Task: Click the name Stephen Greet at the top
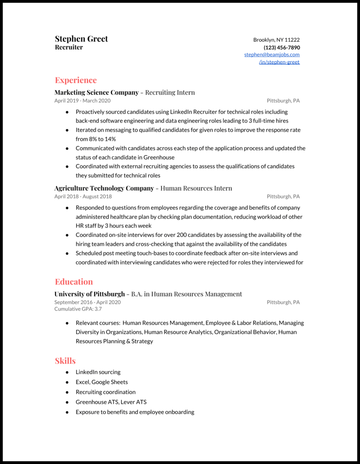(81, 39)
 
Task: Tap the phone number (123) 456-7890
(282, 48)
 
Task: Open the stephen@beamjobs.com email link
(272, 55)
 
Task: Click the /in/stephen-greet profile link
(279, 62)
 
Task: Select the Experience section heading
(76, 80)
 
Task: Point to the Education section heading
(74, 282)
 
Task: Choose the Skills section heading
(65, 361)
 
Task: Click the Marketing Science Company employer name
(96, 93)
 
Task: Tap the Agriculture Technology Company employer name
(104, 188)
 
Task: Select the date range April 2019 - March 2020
(82, 101)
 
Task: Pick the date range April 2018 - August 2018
(83, 196)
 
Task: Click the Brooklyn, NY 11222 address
(276, 40)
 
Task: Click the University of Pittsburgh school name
(90, 294)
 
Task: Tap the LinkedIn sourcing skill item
(98, 372)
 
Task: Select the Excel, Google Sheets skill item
(102, 382)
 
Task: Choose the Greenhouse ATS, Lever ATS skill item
(111, 402)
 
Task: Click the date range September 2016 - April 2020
(87, 302)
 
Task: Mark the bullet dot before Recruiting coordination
(67, 392)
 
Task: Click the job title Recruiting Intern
(170, 93)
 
